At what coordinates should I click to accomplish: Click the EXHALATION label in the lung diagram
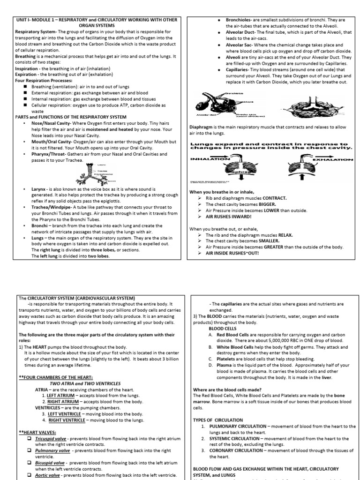click(x=332, y=159)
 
